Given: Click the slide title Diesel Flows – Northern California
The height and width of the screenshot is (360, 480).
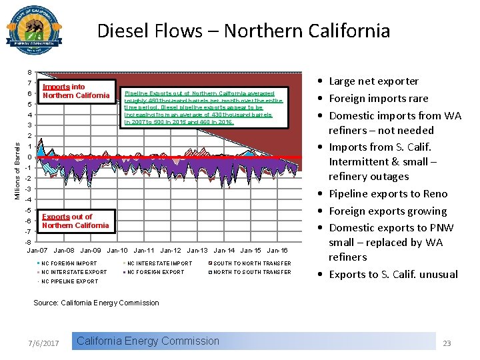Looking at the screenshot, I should pyautogui.click(x=243, y=31).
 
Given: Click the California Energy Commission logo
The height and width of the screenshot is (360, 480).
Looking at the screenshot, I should pyautogui.click(x=35, y=31).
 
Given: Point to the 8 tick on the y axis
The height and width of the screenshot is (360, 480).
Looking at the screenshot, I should pyautogui.click(x=29, y=73).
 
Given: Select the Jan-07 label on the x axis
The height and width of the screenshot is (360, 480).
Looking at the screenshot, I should pyautogui.click(x=37, y=251).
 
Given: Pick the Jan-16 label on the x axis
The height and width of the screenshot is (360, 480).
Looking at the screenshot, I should pyautogui.click(x=277, y=251).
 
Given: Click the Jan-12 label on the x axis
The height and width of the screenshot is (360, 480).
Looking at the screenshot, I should pyautogui.click(x=171, y=251).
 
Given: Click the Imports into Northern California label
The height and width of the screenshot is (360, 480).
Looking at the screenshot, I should pyautogui.click(x=75, y=91).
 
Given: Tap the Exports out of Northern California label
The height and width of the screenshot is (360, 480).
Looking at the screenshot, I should pyautogui.click(x=75, y=221).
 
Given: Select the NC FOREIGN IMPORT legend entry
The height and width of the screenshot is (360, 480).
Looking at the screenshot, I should pyautogui.click(x=69, y=263).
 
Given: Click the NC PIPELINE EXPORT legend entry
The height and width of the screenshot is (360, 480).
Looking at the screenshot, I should pyautogui.click(x=69, y=281).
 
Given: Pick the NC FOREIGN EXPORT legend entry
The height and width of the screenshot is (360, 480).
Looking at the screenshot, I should pyautogui.click(x=155, y=272).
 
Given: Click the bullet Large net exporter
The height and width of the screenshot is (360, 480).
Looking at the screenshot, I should pyautogui.click(x=373, y=81).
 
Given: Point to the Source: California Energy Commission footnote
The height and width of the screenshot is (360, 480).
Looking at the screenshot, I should pyautogui.click(x=97, y=303).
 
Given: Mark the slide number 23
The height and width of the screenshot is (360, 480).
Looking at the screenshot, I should pyautogui.click(x=447, y=343).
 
